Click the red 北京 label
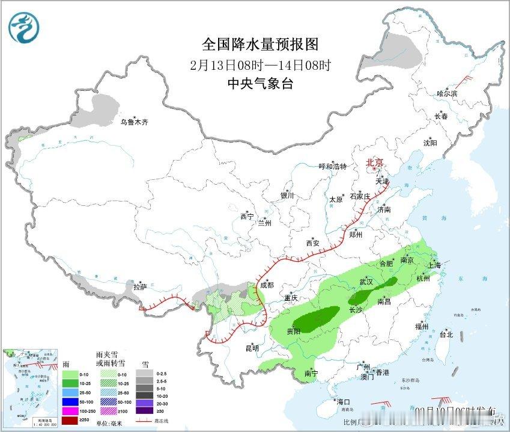375,162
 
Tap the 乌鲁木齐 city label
133,122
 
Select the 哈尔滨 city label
446,94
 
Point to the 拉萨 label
139,288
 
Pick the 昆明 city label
252,348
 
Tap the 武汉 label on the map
366,282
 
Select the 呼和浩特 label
332,167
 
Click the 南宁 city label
311,373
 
